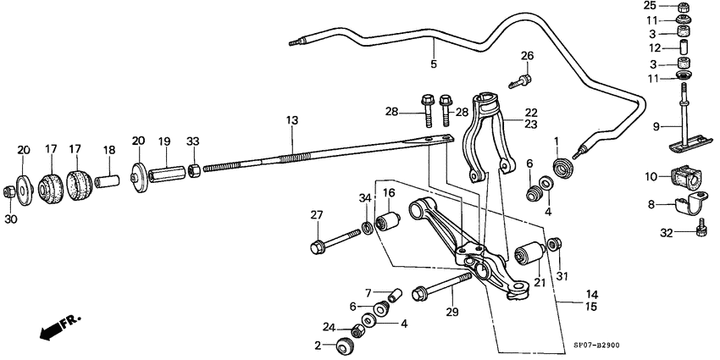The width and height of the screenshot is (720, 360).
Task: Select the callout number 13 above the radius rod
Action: click(x=291, y=121)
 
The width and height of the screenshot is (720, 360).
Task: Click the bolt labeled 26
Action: click(x=519, y=80)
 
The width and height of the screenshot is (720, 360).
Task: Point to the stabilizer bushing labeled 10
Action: click(x=687, y=179)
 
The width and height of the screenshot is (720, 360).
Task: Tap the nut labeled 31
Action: click(x=555, y=246)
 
